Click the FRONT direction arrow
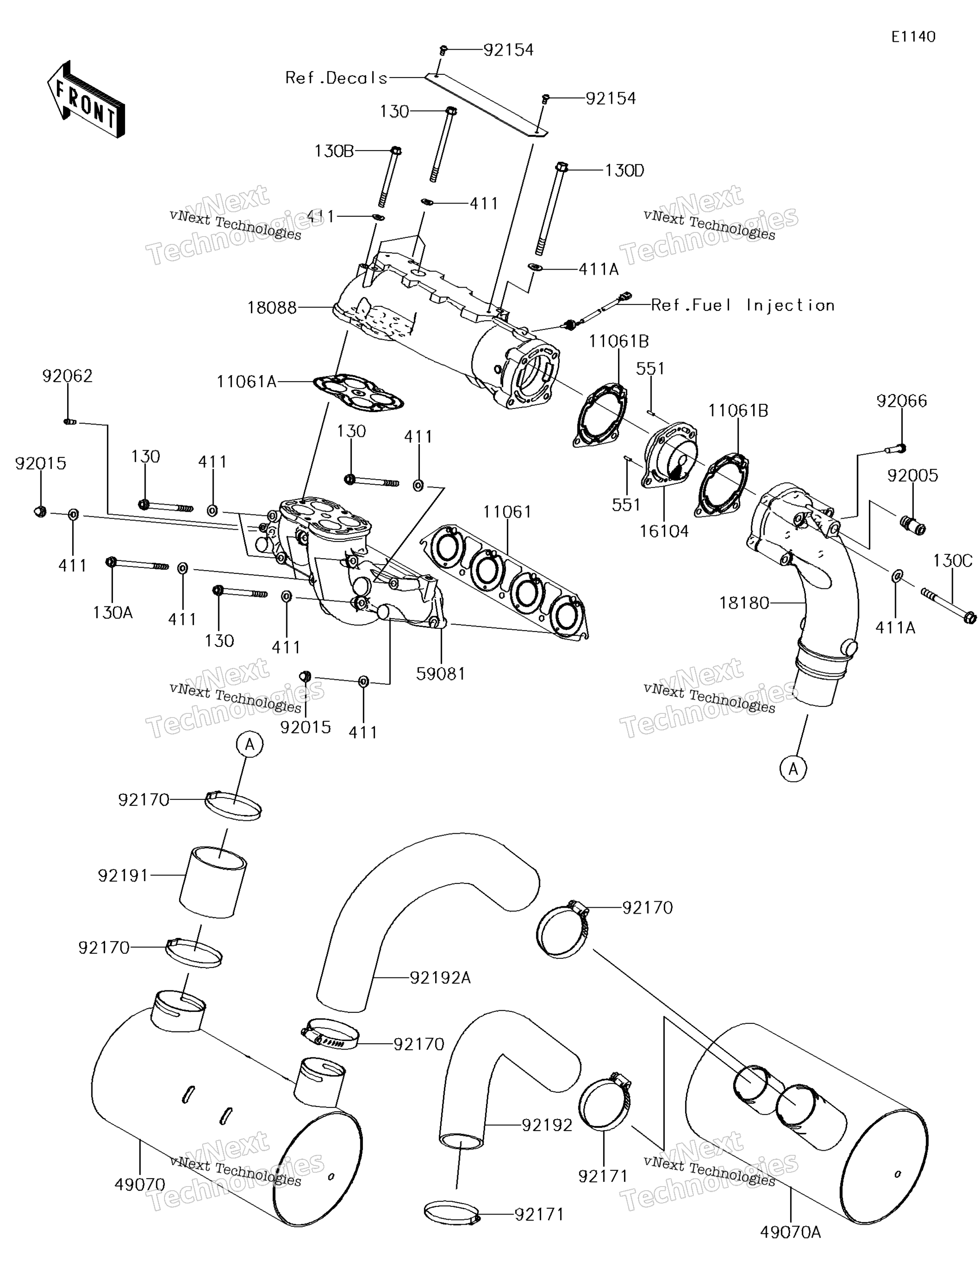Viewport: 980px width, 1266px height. coord(86,100)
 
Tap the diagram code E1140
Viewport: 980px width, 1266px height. coord(913,37)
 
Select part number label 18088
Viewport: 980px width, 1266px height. coord(272,308)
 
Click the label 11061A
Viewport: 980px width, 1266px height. coord(246,381)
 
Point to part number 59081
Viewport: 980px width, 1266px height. coord(441,673)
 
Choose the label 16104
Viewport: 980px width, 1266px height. coord(664,531)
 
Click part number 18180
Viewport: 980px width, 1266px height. coord(744,603)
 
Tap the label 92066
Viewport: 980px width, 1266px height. coord(902,401)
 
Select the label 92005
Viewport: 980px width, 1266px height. coord(912,475)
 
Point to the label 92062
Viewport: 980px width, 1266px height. coord(67,376)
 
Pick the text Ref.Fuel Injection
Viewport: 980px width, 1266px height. coord(743,305)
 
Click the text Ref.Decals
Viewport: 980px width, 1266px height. coord(336,78)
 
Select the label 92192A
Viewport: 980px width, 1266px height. coord(440,978)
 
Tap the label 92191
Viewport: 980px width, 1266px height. coord(123,875)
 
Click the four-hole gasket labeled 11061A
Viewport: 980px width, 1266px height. coord(358,392)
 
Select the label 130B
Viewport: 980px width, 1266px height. coord(334,151)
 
